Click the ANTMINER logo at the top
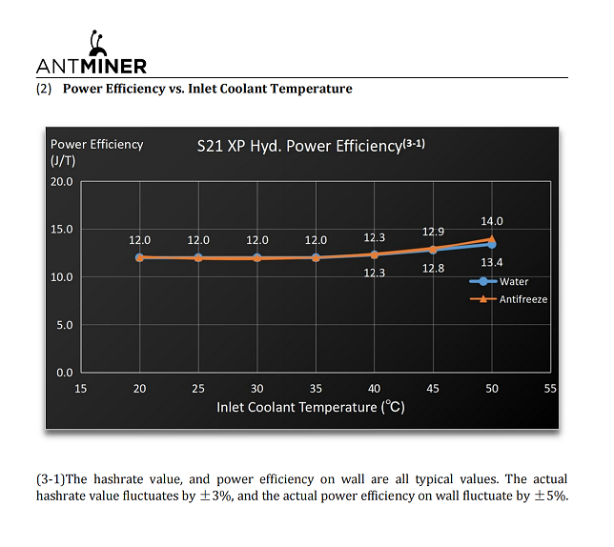[x=92, y=56]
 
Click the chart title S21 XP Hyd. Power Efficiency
[x=310, y=146]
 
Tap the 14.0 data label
[x=492, y=221]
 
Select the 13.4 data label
[x=492, y=262]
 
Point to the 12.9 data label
[x=433, y=232]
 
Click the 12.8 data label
[x=433, y=269]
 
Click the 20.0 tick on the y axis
[x=62, y=181]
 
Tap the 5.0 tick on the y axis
[x=65, y=325]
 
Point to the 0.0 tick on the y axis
[x=65, y=373]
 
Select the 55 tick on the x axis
[x=550, y=389]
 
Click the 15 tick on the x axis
[x=81, y=389]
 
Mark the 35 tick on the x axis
[x=316, y=389]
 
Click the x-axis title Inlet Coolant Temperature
[x=311, y=407]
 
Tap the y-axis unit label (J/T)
[x=64, y=161]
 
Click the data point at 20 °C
[x=140, y=257]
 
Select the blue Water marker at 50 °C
[x=492, y=244]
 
